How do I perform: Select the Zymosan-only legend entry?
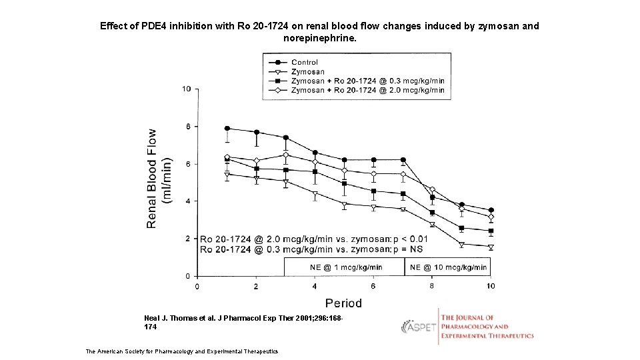coord(308,71)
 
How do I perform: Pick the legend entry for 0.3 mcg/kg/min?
coord(367,81)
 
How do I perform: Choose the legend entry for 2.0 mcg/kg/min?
coord(367,90)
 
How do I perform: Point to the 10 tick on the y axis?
coord(187,89)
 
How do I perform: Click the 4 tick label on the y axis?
coord(188,201)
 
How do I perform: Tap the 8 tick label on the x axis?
coord(432,286)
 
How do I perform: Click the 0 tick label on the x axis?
coord(196,286)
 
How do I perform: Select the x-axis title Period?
coord(343,303)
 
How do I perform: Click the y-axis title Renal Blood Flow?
coord(153,179)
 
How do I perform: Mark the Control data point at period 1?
coord(227,128)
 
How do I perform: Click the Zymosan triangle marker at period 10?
coord(491,247)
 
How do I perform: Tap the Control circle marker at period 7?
coord(403,160)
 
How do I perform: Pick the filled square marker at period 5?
coord(344,183)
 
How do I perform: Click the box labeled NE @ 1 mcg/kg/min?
coord(345,267)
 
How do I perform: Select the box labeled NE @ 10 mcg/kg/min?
coord(448,267)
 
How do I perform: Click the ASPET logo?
coord(419,327)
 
